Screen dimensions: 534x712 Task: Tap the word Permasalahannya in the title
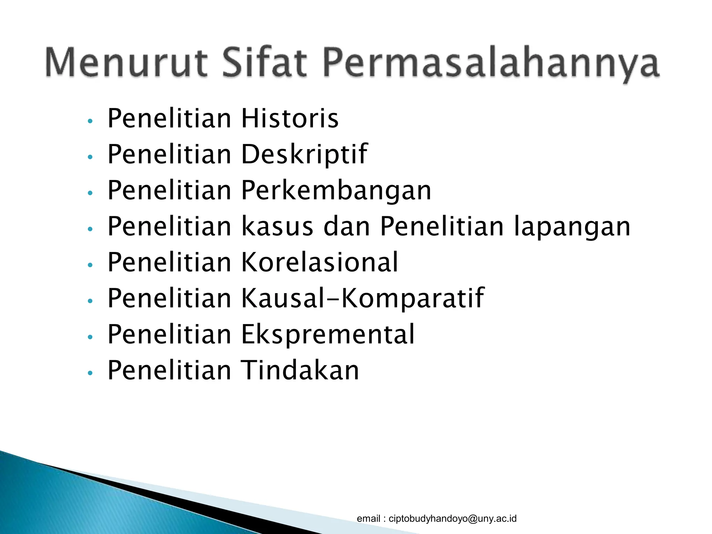coord(491,64)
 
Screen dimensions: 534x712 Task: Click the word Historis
coord(290,119)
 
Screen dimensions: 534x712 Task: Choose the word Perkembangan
coord(336,191)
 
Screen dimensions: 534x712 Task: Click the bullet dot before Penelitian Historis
coord(90,121)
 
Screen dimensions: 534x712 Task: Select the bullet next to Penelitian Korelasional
coord(90,265)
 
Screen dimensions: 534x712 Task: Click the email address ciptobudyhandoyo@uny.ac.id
coord(452,518)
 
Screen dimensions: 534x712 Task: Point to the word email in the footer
coord(369,518)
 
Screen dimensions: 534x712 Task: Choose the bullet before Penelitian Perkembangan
coord(90,193)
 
